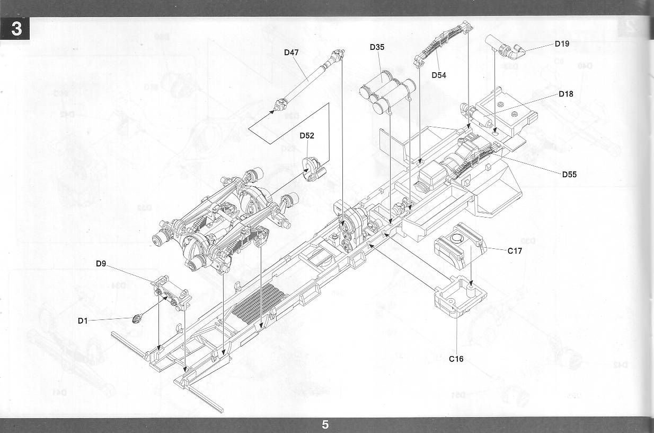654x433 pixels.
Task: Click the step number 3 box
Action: coord(16,29)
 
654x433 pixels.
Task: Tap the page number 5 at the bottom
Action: coord(325,425)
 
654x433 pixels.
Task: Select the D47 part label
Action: coord(291,52)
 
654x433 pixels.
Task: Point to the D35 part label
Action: coord(377,47)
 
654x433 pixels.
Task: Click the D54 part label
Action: coord(438,75)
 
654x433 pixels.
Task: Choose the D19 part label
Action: coord(562,44)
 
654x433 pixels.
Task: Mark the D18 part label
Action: coord(565,94)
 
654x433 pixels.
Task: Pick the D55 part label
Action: coord(569,174)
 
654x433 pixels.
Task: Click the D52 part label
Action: coord(306,135)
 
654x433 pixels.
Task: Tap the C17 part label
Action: coord(515,251)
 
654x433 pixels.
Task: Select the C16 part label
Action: coord(456,359)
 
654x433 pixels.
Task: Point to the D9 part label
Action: coord(102,263)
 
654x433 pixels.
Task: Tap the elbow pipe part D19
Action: coord(506,47)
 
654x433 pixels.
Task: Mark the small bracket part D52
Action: coord(314,169)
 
